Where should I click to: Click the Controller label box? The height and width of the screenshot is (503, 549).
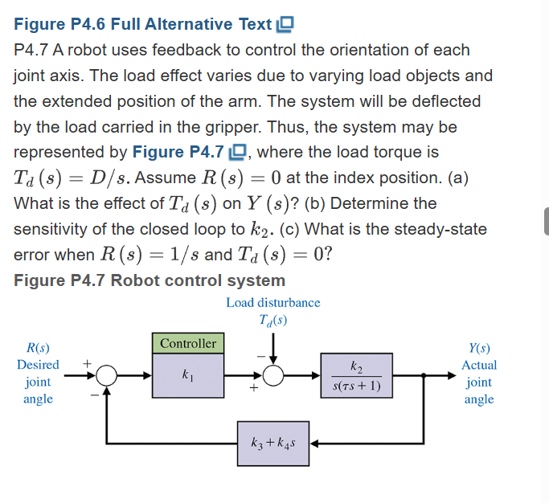click(188, 343)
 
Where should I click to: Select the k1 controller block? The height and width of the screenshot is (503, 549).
click(188, 375)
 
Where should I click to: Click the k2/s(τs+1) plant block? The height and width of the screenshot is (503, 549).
click(357, 375)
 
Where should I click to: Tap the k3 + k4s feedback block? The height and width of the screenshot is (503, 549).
click(273, 443)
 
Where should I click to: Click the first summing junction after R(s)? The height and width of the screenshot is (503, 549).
click(108, 375)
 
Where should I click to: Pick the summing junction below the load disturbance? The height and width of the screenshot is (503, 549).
click(273, 375)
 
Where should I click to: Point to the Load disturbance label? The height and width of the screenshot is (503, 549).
click(273, 303)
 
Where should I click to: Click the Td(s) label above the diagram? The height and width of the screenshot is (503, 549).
click(273, 320)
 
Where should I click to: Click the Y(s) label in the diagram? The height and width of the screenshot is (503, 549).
click(479, 348)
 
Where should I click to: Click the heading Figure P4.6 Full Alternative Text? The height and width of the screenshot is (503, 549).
click(143, 25)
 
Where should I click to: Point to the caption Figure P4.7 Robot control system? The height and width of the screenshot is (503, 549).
click(150, 280)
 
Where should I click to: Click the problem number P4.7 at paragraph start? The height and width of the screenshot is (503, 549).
click(33, 50)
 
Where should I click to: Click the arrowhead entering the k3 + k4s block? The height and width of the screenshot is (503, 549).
click(314, 443)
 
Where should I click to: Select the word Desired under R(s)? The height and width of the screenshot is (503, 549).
click(38, 365)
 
